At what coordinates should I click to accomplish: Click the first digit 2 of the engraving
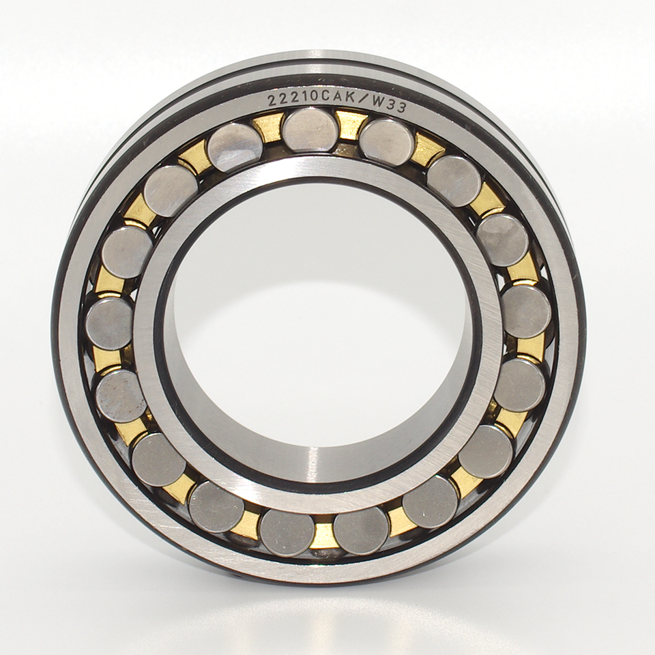pyautogui.click(x=271, y=101)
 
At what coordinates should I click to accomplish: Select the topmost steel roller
pyautogui.click(x=310, y=130)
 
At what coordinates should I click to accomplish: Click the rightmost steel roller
pyautogui.click(x=526, y=311)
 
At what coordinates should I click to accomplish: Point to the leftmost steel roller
pyautogui.click(x=108, y=323)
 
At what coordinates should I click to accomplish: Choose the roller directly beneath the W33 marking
pyautogui.click(x=387, y=141)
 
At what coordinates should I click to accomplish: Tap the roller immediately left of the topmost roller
pyautogui.click(x=235, y=147)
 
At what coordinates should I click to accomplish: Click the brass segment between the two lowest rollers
pyautogui.click(x=324, y=534)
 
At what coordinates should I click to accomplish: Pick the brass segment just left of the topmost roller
pyautogui.click(x=269, y=127)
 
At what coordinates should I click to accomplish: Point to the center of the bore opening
pyautogui.click(x=318, y=327)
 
